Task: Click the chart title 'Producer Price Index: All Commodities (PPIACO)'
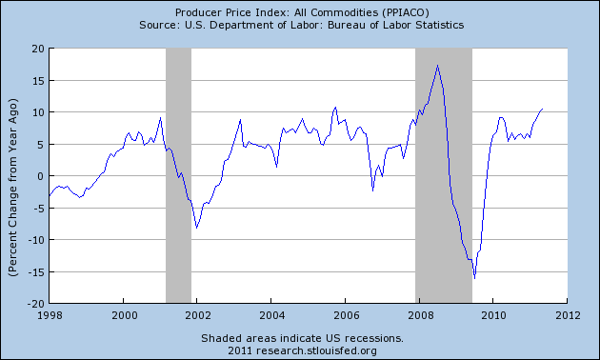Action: [x=301, y=10]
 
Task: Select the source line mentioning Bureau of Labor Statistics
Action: [x=301, y=24]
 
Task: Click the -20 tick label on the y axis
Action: [x=33, y=304]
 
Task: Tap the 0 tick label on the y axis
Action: [x=39, y=176]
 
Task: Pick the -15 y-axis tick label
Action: [x=33, y=272]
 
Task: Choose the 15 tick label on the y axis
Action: [x=36, y=80]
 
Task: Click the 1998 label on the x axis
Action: [x=50, y=315]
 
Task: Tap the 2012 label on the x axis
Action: [x=568, y=315]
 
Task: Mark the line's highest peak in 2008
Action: [x=437, y=66]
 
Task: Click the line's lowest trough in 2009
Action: [x=474, y=278]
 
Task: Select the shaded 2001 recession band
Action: [x=178, y=176]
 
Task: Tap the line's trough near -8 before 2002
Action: [x=196, y=228]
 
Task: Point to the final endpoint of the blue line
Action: [x=543, y=109]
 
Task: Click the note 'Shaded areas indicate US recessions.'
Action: [x=301, y=338]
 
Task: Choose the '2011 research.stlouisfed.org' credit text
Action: [x=301, y=350]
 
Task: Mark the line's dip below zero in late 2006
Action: [x=372, y=190]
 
